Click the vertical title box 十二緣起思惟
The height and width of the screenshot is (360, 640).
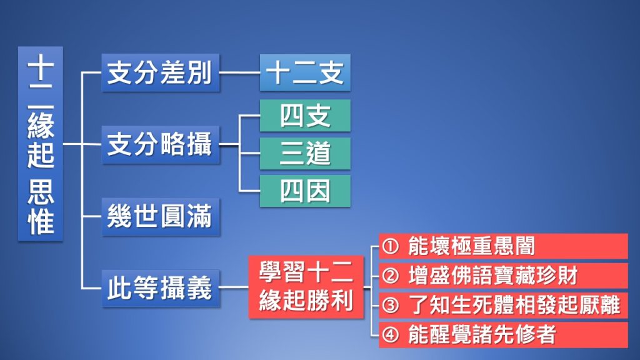(x=41, y=144)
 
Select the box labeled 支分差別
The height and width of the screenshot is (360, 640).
(x=161, y=72)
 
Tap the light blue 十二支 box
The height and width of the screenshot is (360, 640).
(x=305, y=72)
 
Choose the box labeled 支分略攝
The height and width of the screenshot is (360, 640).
(x=161, y=144)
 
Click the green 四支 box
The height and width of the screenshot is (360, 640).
(x=305, y=116)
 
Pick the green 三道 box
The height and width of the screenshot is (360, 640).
(x=305, y=154)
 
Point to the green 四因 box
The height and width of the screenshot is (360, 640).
(x=305, y=191)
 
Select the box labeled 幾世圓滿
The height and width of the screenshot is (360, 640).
(x=161, y=217)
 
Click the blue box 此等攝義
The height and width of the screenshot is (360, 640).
(x=161, y=288)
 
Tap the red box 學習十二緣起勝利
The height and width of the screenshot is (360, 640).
(x=306, y=287)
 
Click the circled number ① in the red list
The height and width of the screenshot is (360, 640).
(x=390, y=246)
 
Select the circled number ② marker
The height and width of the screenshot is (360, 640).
(x=390, y=276)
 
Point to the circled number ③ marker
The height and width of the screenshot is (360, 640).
(x=390, y=305)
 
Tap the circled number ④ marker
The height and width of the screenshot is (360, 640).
(x=390, y=335)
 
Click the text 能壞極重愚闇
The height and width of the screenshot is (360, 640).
(x=471, y=246)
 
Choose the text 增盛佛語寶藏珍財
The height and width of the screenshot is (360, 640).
(x=493, y=276)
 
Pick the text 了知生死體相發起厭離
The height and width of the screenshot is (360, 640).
(x=514, y=305)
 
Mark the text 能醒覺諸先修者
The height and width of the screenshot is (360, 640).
(x=482, y=335)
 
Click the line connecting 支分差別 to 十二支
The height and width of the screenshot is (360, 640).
(x=239, y=72)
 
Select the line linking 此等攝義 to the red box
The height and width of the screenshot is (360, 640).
(x=234, y=287)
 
